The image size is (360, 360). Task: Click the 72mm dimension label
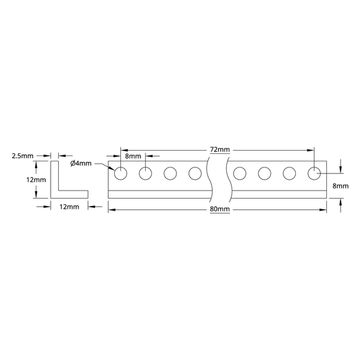click(x=220, y=150)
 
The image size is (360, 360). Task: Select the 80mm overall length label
click(x=220, y=209)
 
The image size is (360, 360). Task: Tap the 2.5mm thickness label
click(x=22, y=156)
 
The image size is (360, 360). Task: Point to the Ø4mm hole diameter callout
click(x=81, y=163)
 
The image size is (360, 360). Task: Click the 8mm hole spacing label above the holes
click(x=133, y=156)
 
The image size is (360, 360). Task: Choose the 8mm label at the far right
click(x=340, y=186)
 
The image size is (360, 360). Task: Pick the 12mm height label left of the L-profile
click(x=36, y=180)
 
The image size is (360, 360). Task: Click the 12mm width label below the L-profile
click(x=70, y=207)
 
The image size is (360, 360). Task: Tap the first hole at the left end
click(x=120, y=174)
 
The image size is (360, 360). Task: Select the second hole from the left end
click(x=145, y=174)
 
